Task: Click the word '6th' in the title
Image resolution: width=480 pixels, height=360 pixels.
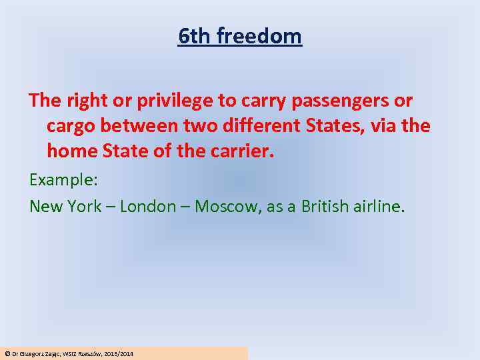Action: point(191,36)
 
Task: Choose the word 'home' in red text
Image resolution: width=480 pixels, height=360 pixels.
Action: point(72,151)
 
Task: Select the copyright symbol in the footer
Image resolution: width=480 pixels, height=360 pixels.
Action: point(7,353)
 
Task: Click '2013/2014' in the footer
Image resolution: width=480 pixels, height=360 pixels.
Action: point(119,353)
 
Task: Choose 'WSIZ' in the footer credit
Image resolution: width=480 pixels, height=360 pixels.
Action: point(69,353)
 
